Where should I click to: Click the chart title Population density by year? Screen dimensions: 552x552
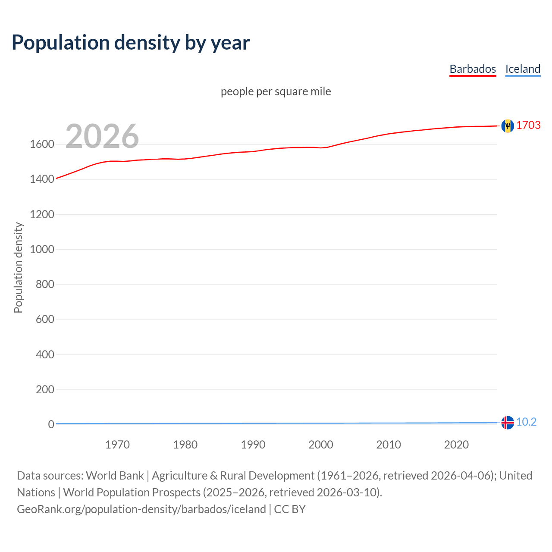pyautogui.click(x=131, y=43)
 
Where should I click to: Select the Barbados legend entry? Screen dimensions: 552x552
pyautogui.click(x=473, y=69)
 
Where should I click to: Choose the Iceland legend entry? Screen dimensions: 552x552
pyautogui.click(x=523, y=69)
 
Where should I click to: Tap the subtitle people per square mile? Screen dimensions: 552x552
pyautogui.click(x=276, y=91)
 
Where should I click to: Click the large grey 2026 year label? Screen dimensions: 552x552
pyautogui.click(x=102, y=136)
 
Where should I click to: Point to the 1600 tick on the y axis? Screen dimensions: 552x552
pyautogui.click(x=42, y=144)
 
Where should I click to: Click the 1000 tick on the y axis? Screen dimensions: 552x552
pyautogui.click(x=42, y=249)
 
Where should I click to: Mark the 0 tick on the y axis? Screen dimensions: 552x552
pyautogui.click(x=51, y=424)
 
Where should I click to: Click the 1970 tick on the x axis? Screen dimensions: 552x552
pyautogui.click(x=117, y=445)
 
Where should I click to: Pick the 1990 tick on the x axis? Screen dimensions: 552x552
pyautogui.click(x=253, y=445)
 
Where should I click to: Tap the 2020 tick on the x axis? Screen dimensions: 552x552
pyautogui.click(x=456, y=445)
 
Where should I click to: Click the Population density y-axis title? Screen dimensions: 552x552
pyautogui.click(x=18, y=267)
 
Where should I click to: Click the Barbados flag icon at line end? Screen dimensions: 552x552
pyautogui.click(x=508, y=125)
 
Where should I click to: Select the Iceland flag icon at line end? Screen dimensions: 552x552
pyautogui.click(x=508, y=423)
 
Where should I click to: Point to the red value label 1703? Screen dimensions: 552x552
pyautogui.click(x=528, y=125)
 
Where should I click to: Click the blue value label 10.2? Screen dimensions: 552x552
pyautogui.click(x=526, y=422)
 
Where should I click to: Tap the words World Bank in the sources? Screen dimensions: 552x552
pyautogui.click(x=115, y=476)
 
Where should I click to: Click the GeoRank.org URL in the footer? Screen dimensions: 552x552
pyautogui.click(x=141, y=509)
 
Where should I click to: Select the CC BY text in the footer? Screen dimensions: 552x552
pyautogui.click(x=290, y=509)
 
